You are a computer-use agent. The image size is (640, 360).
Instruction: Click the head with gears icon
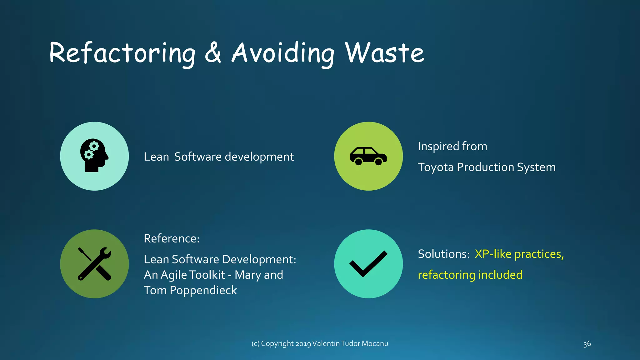click(x=94, y=155)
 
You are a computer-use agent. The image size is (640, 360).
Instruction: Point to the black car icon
click(x=368, y=156)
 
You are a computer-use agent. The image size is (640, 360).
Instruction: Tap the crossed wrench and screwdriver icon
click(x=94, y=264)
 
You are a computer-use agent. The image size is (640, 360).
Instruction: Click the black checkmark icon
click(x=368, y=264)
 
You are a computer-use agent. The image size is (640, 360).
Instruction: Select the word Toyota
click(x=436, y=167)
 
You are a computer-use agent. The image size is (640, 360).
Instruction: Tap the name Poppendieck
click(x=203, y=291)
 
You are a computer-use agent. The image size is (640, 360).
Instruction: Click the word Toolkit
click(x=207, y=275)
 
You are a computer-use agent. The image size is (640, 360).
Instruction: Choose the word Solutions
click(x=443, y=254)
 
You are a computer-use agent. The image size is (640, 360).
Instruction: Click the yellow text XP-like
click(x=493, y=254)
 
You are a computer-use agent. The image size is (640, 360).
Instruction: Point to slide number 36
click(x=587, y=344)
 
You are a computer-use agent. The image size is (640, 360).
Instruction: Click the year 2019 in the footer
click(x=303, y=344)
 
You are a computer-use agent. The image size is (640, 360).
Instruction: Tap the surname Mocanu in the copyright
click(x=375, y=343)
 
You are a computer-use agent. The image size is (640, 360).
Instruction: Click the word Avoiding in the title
click(x=283, y=53)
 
